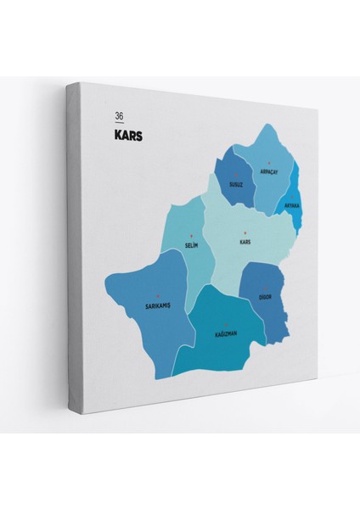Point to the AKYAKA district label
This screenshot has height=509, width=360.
[292, 204]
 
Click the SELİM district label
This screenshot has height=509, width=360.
[191, 245]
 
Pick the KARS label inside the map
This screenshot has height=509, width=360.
[246, 241]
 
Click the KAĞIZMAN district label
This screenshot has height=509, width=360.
[220, 333]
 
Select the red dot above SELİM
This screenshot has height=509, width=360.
[191, 236]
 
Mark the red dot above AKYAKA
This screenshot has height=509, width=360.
[292, 196]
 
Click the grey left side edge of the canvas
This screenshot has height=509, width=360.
[75, 255]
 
